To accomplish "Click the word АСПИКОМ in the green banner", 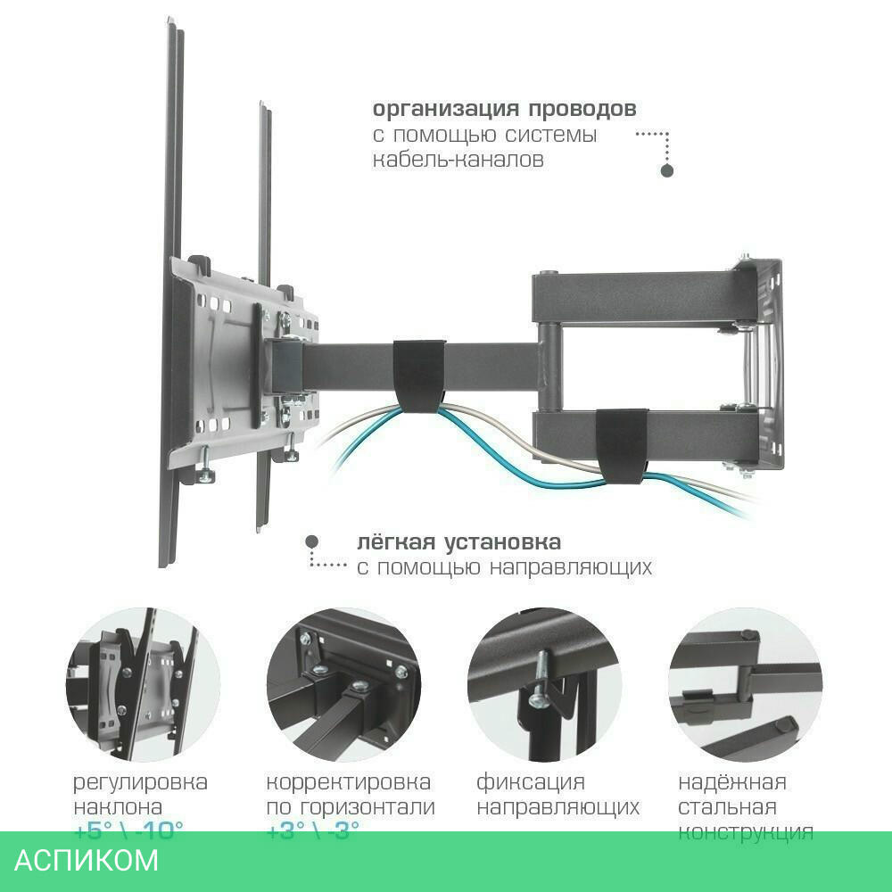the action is [87, 861].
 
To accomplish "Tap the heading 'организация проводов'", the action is [504, 110].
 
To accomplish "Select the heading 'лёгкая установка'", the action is [458, 542].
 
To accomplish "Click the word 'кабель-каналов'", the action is [458, 161].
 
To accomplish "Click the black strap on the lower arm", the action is [622, 444].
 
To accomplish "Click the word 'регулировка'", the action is [140, 783].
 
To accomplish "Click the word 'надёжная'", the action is [732, 783].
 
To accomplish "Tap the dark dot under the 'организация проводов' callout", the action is [665, 170].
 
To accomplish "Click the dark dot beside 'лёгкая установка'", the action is [311, 541].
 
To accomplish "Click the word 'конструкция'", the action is [746, 833].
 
